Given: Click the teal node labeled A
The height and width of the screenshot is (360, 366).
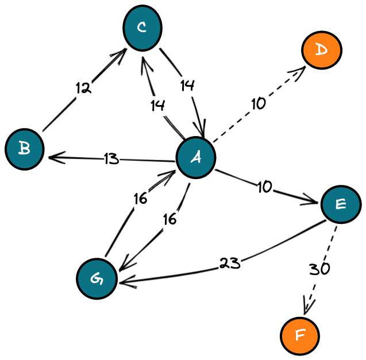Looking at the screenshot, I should pos(196,157).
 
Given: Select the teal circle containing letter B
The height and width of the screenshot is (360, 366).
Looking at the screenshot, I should pos(25,149).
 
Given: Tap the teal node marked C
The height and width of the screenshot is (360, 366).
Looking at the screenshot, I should pos(142,28).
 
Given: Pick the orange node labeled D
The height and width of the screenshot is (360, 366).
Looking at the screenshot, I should pos(322,51).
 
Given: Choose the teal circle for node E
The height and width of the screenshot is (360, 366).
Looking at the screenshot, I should pos(341,204).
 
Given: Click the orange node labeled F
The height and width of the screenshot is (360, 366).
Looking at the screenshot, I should pos(300,336).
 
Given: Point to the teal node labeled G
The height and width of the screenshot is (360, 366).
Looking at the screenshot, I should pos(97,279).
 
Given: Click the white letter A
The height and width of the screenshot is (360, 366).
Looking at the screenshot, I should pos(196,157).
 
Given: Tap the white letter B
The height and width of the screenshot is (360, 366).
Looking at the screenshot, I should pos(24,149).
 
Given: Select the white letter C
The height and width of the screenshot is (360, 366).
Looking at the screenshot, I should pos(142,27).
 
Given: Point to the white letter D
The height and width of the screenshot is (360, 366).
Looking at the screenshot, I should pos(321,50).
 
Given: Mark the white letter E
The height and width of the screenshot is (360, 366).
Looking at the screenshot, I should pos(341,204).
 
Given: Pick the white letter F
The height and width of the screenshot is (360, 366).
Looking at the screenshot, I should pos(300,335).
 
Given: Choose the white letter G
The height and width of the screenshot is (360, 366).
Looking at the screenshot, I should pos(97,279).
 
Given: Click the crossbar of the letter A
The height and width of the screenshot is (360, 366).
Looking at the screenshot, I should pos(195,158).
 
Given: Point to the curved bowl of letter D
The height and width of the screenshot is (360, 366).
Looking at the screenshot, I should pos(325,50).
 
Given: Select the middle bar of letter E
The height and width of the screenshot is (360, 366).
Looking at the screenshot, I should pos(340,204).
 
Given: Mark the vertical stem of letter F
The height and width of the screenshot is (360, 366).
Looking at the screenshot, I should pos(297,336).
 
